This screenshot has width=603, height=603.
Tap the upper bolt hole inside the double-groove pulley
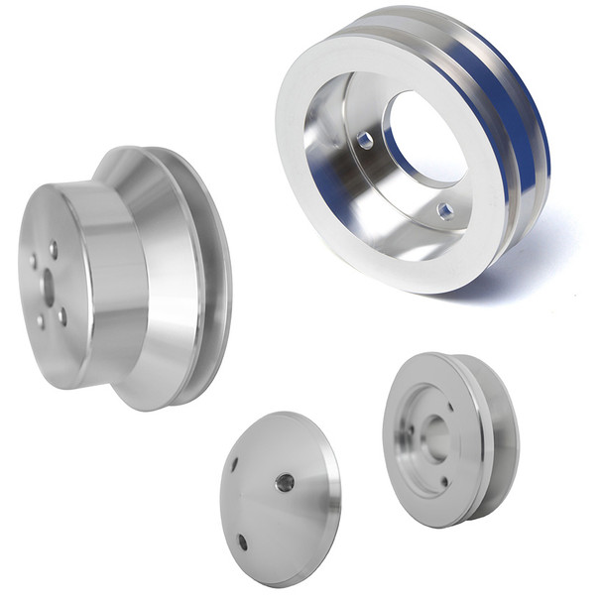tap(365, 142)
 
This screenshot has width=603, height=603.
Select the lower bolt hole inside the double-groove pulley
tap(445, 210)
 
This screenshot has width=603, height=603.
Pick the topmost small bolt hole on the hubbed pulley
tap(53, 250)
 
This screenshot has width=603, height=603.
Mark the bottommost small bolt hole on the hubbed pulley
tap(41, 321)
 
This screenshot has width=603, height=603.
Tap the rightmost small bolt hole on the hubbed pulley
tap(62, 315)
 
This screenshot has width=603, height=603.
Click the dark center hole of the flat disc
tap(285, 483)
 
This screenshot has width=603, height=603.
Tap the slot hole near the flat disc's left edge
tap(235, 463)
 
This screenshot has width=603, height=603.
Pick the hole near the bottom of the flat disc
tap(243, 542)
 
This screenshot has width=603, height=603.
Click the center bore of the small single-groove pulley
tap(434, 436)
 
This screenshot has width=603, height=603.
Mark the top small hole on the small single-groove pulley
tap(449, 405)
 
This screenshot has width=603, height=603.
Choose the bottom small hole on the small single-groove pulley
tap(443, 483)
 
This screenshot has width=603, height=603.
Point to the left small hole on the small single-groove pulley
tap(408, 430)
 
